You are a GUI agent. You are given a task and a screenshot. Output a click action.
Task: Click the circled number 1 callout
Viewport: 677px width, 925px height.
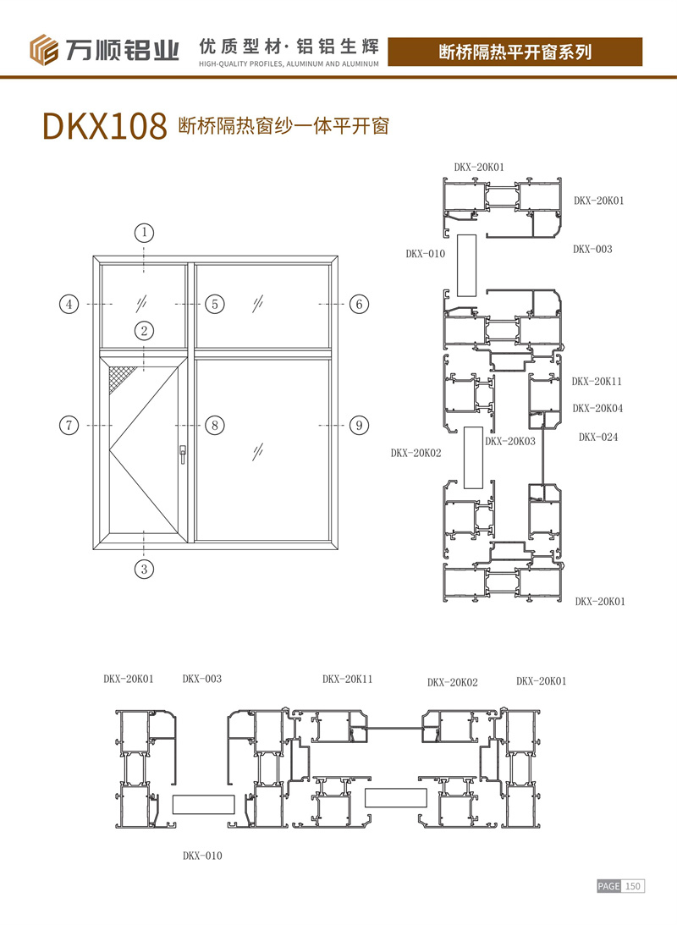[x=144, y=233]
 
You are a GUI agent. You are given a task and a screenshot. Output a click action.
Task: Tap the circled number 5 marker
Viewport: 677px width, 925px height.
[x=215, y=305]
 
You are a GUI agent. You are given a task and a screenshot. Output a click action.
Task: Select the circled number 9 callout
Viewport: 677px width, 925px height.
[x=359, y=426]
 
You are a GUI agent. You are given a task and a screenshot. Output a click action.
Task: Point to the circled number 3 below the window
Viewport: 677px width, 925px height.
[x=144, y=570]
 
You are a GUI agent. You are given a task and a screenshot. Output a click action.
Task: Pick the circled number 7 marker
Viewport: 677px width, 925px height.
[x=69, y=426]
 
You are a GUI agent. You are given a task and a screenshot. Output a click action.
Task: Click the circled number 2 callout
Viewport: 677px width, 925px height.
[x=144, y=331]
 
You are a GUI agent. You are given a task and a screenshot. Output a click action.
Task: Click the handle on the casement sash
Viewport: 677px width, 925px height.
[x=183, y=454]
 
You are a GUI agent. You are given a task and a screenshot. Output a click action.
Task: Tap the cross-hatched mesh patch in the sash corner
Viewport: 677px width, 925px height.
[x=122, y=377]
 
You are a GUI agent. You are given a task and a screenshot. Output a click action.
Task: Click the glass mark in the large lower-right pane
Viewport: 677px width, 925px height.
[x=258, y=453]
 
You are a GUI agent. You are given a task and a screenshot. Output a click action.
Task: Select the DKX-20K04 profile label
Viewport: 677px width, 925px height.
[x=597, y=408]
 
